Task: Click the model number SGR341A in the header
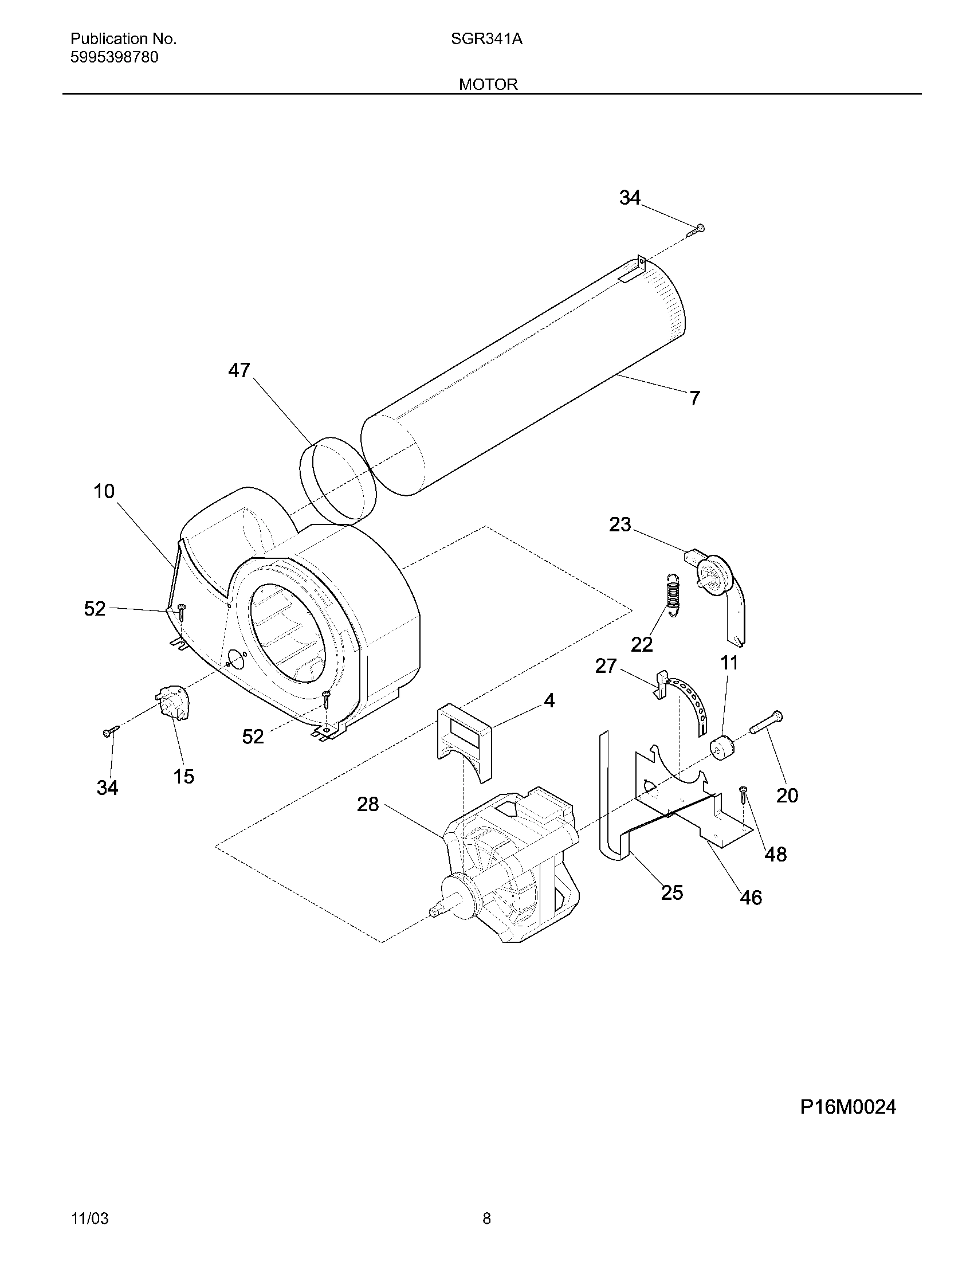pyautogui.click(x=486, y=39)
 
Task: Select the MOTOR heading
pyautogui.click(x=488, y=84)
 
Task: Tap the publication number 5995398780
pyautogui.click(x=114, y=57)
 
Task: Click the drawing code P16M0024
pyautogui.click(x=847, y=1107)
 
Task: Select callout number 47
pyautogui.click(x=239, y=370)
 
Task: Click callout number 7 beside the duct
pyautogui.click(x=695, y=398)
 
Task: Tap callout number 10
pyautogui.click(x=104, y=491)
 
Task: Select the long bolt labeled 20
pyautogui.click(x=766, y=724)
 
